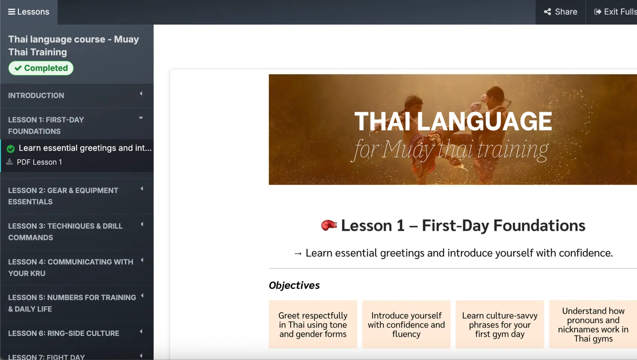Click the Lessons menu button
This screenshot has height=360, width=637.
29,12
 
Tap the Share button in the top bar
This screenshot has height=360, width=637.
560,12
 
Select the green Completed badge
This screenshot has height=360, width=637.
41,68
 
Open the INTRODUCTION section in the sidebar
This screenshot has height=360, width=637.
77,96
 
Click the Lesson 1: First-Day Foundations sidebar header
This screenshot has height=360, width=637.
77,125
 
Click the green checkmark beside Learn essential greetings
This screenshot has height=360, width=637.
11,149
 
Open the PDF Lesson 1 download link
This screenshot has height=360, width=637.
39,162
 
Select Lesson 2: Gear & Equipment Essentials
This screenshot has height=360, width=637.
77,196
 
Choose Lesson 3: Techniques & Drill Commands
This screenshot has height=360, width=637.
77,232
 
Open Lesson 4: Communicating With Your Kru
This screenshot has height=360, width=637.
77,268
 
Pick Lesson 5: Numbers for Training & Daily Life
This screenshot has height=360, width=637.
77,303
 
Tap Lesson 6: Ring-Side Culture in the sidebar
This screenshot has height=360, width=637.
77,333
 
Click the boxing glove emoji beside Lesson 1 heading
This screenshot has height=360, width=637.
329,225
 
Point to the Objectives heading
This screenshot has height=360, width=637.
294,285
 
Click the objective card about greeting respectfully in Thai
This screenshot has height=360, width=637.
313,324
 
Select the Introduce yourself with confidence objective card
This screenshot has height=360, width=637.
406,324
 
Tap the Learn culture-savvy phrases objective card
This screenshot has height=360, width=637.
500,324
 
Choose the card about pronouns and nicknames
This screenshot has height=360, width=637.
593,324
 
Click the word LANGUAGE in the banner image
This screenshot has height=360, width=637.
484,121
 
